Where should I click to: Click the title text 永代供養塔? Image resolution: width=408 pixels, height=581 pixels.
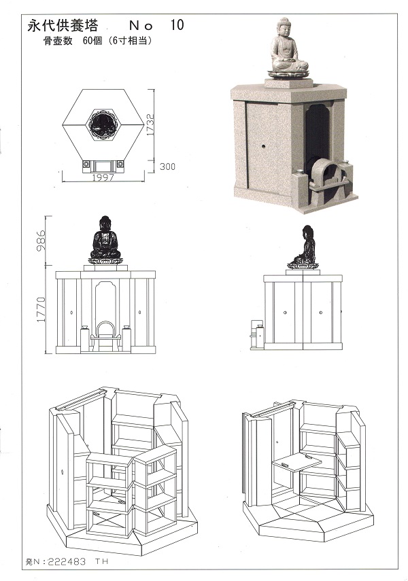tap(63, 26)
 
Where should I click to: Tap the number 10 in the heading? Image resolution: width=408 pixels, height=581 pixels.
tap(177, 25)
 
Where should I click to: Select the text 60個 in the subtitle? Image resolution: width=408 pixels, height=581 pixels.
tap(92, 41)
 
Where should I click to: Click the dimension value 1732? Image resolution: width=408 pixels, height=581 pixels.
tap(150, 124)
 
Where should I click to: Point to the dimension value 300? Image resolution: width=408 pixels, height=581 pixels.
tap(167, 166)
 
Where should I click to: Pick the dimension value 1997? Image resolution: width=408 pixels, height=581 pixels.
tap(103, 177)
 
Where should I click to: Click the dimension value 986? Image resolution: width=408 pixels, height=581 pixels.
tap(41, 240)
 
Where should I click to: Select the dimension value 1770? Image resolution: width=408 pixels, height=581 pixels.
tap(41, 309)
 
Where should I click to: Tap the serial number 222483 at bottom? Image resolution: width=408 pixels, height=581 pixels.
tap(67, 562)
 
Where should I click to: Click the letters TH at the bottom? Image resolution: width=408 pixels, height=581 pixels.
tap(101, 562)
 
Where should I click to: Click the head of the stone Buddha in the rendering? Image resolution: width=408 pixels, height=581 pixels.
tap(284, 27)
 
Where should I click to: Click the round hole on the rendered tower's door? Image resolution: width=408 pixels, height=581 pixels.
tap(264, 146)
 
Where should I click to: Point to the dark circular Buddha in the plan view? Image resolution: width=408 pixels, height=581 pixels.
tap(103, 125)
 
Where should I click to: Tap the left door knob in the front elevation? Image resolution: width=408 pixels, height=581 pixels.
tap(71, 313)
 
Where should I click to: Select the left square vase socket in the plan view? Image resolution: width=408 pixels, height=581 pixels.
tap(87, 164)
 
